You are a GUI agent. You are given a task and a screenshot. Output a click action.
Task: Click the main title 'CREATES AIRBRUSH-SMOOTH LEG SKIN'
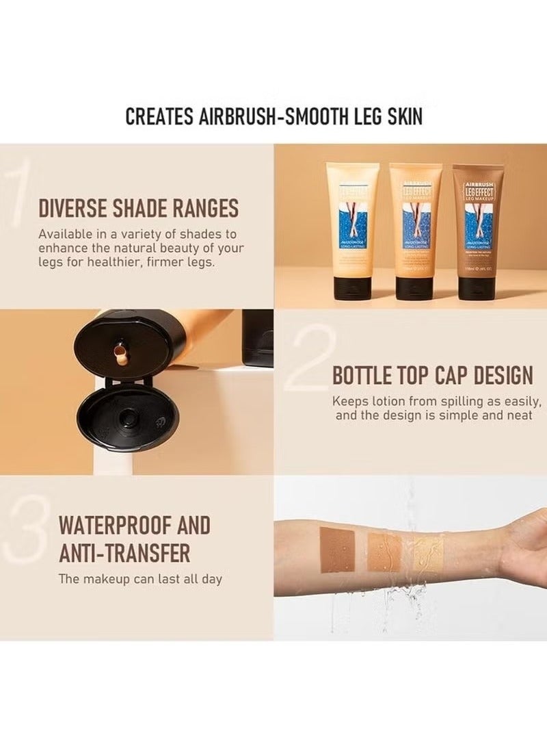tap(273, 116)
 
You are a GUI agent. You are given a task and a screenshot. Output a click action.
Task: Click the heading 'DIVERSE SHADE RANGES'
tap(138, 207)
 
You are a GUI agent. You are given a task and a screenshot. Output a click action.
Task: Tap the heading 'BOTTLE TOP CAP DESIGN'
tap(432, 375)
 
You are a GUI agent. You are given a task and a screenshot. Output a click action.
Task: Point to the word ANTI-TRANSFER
tap(124, 552)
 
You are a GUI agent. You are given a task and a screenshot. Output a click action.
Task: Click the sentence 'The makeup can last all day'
tap(140, 579)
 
